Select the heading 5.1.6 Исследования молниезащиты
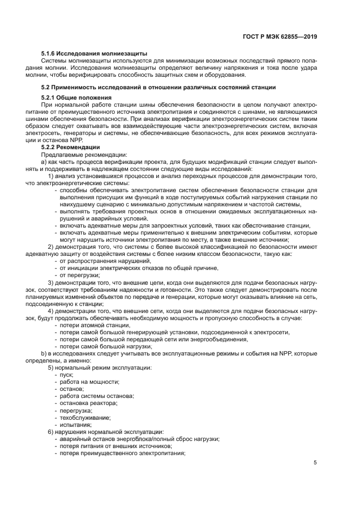(94, 53)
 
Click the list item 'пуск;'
(66, 375)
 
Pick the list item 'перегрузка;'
(76, 410)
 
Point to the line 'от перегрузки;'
(80, 275)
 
